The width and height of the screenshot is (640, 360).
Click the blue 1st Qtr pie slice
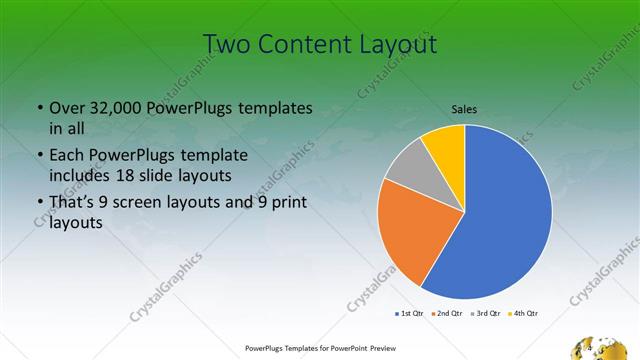[500, 220]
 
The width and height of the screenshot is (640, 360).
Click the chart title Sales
[464, 108]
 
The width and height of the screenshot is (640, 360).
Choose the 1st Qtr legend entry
[409, 314]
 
